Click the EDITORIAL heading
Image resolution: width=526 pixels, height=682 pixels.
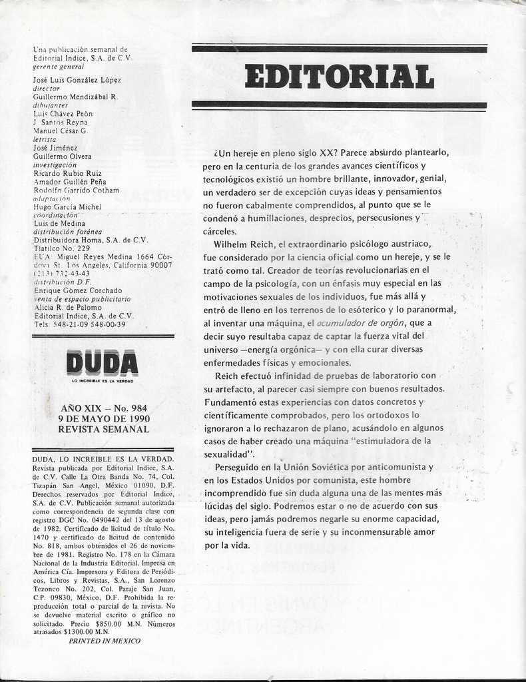point(339,76)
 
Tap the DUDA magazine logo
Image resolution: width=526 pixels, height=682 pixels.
point(103,363)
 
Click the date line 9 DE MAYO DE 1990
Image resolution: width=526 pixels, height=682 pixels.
point(103,419)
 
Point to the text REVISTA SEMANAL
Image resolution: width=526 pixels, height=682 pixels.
point(103,430)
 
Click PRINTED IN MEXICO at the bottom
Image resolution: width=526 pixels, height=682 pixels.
point(105,641)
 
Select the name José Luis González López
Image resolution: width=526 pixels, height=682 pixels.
point(77,80)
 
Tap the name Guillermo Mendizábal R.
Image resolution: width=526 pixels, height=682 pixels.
point(75,97)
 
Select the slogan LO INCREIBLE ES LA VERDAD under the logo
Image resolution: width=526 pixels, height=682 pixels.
point(103,381)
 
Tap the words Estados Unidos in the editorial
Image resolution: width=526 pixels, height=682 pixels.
point(256,480)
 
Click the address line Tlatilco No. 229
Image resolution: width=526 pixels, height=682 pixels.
point(61,248)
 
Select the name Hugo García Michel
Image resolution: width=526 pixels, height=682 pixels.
point(67,206)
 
